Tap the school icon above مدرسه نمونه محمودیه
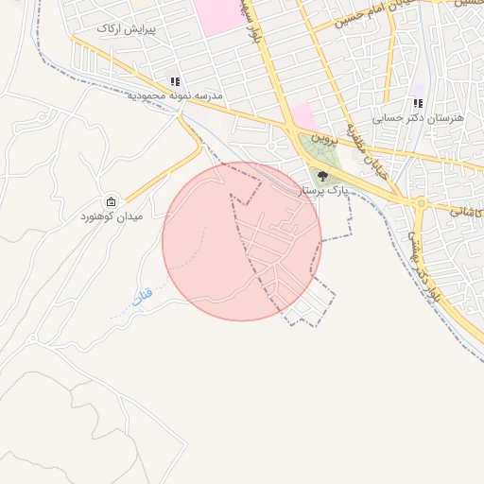click(x=175, y=82)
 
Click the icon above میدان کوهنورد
click(x=112, y=202)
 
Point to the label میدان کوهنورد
click(x=111, y=216)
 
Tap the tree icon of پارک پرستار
click(x=322, y=175)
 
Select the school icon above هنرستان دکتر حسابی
click(x=418, y=104)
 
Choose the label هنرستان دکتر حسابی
click(x=418, y=118)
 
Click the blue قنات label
click(x=141, y=299)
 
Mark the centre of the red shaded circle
click(x=242, y=241)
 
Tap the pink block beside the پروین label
click(x=303, y=117)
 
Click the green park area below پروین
click(x=321, y=161)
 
